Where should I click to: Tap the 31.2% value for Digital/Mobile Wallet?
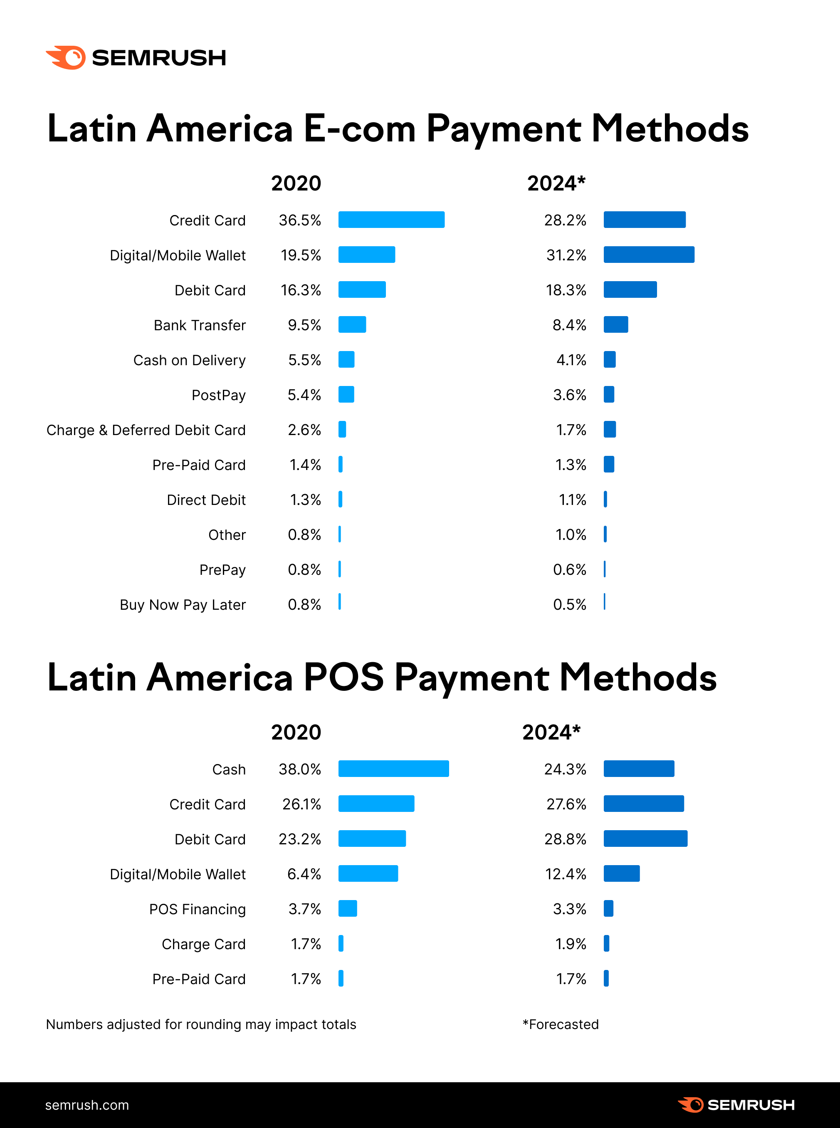(x=566, y=255)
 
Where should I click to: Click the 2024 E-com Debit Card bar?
(x=630, y=290)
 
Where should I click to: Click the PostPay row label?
(x=218, y=396)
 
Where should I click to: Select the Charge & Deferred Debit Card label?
(x=146, y=430)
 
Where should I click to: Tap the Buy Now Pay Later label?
(x=183, y=605)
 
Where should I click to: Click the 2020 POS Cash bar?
(x=393, y=769)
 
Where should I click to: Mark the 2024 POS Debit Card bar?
(x=645, y=839)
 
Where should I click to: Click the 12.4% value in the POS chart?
(x=566, y=874)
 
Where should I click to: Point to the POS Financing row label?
(x=197, y=909)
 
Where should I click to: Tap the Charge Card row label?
(x=203, y=945)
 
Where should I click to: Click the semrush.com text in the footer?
(x=87, y=1105)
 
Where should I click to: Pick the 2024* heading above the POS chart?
(x=551, y=732)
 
